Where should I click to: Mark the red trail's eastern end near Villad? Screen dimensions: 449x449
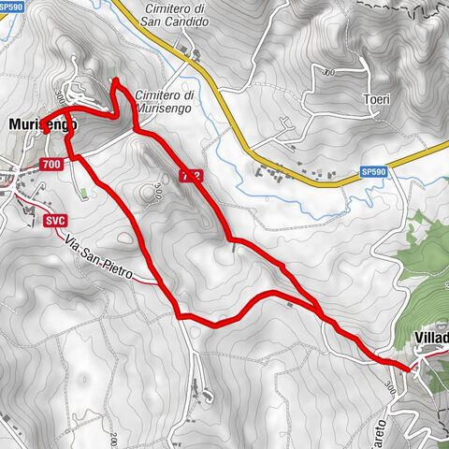coord(410,369)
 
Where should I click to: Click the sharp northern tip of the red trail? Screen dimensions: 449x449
coord(115,81)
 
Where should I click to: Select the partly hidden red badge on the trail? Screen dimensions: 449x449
coord(191,175)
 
